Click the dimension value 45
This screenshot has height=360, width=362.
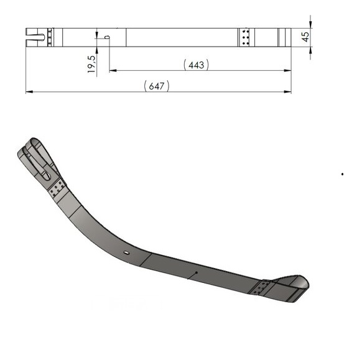pyautogui.click(x=305, y=37)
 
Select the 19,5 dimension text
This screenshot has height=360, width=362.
pyautogui.click(x=91, y=64)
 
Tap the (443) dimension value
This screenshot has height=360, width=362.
pyautogui.click(x=196, y=65)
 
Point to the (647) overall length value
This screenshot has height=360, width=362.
pyautogui.click(x=157, y=86)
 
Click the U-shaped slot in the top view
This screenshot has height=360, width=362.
pyautogui.click(x=35, y=37)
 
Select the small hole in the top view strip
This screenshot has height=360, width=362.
pyautogui.click(x=108, y=37)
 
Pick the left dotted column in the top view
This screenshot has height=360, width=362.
pyautogui.click(x=49, y=37)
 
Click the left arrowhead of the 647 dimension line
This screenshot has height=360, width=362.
pyautogui.click(x=29, y=92)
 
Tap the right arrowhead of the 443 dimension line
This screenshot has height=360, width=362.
pyautogui.click(x=287, y=71)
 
